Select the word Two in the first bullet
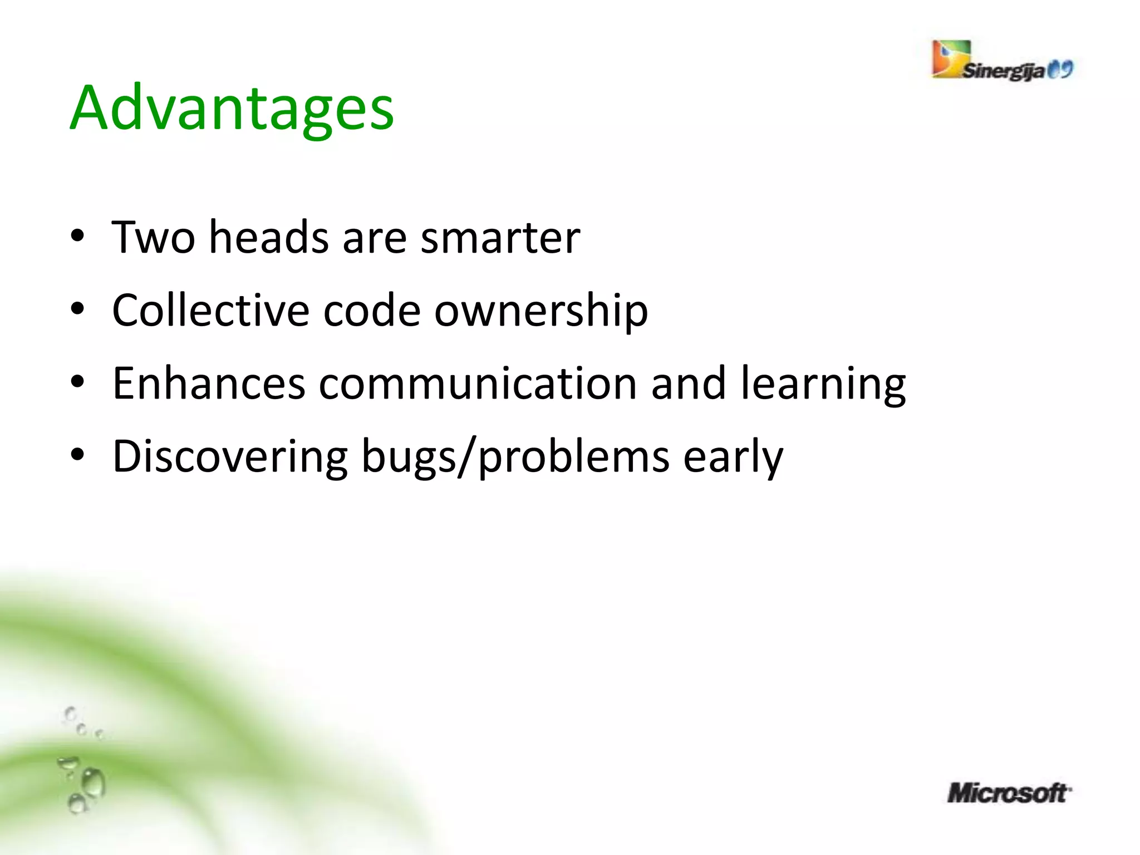[153, 237]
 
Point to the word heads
[269, 237]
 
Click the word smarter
[500, 238]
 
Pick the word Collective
[210, 310]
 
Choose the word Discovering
[230, 456]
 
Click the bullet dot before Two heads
[77, 236]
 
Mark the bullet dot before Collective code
[77, 309]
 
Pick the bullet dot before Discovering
[77, 455]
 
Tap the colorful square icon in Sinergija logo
[951, 58]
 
